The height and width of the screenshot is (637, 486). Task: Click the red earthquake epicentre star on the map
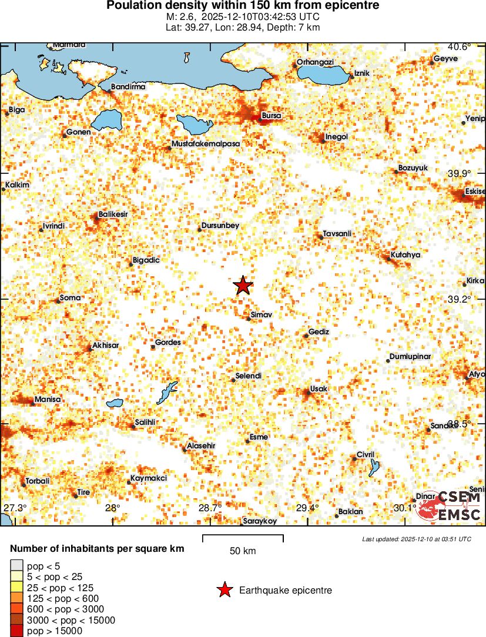coord(243,286)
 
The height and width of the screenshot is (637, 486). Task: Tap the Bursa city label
coord(271,116)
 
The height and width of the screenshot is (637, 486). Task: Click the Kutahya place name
coord(405,255)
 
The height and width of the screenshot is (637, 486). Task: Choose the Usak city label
coord(319,389)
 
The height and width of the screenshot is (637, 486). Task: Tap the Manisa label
coord(48,400)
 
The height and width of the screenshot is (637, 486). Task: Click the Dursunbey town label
coord(220,226)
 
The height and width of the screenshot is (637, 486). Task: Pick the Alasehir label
coord(200,446)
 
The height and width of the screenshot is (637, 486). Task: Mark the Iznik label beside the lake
coord(362,73)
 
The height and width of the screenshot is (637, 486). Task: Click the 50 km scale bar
coord(243,536)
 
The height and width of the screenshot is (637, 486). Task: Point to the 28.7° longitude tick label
coord(210,508)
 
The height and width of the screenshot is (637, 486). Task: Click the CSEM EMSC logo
coord(450,505)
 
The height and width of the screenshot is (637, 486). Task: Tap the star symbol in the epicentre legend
coord(224,590)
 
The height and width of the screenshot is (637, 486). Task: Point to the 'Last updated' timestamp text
coord(416,539)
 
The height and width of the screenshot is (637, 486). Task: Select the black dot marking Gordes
coord(153,347)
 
